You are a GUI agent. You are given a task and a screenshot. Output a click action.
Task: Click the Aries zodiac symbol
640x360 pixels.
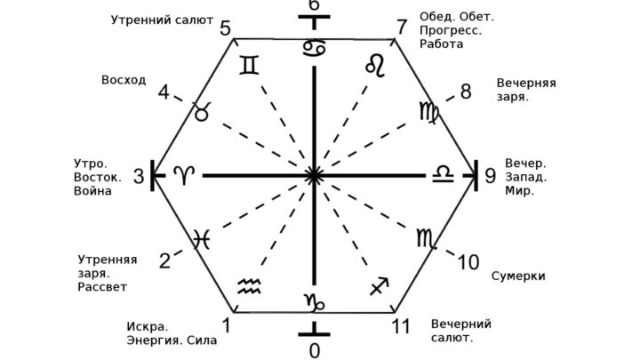pos(185,175)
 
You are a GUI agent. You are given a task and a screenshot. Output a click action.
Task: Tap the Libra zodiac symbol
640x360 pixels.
pos(443,173)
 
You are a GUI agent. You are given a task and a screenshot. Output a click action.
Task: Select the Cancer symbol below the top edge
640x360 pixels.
pos(314,49)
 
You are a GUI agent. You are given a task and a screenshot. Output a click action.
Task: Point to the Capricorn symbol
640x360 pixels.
pos(314,302)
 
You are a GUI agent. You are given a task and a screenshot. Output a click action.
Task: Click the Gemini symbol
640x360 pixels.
pos(249,65)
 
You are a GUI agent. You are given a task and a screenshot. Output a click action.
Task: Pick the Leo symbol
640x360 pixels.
pos(375,66)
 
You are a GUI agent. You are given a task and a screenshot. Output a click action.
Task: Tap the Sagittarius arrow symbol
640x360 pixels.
pos(380,285)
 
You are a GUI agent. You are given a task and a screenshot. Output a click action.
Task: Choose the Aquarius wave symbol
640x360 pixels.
pos(250,286)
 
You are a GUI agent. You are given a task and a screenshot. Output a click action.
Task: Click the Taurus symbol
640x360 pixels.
pos(203,111)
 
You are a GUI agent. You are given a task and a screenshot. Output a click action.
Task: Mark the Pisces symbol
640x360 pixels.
pos(202,239)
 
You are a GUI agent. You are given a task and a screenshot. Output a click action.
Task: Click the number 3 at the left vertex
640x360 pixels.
pos(140,176)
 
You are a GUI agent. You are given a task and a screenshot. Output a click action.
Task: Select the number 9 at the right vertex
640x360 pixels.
pos(490,176)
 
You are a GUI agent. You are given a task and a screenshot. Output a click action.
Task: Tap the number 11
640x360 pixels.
pos(401,326)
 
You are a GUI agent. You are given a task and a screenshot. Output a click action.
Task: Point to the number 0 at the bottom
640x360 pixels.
pos(315,350)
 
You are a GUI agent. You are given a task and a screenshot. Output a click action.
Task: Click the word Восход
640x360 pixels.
pos(124,80)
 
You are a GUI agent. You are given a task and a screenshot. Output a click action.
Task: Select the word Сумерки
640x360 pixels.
pos(518,276)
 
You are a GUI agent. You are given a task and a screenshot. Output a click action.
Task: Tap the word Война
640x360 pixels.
pos(92,191)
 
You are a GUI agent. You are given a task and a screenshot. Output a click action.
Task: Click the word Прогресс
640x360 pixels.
pos(451,30)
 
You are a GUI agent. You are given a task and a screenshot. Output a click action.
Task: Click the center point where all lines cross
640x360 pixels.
pos(314,175)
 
